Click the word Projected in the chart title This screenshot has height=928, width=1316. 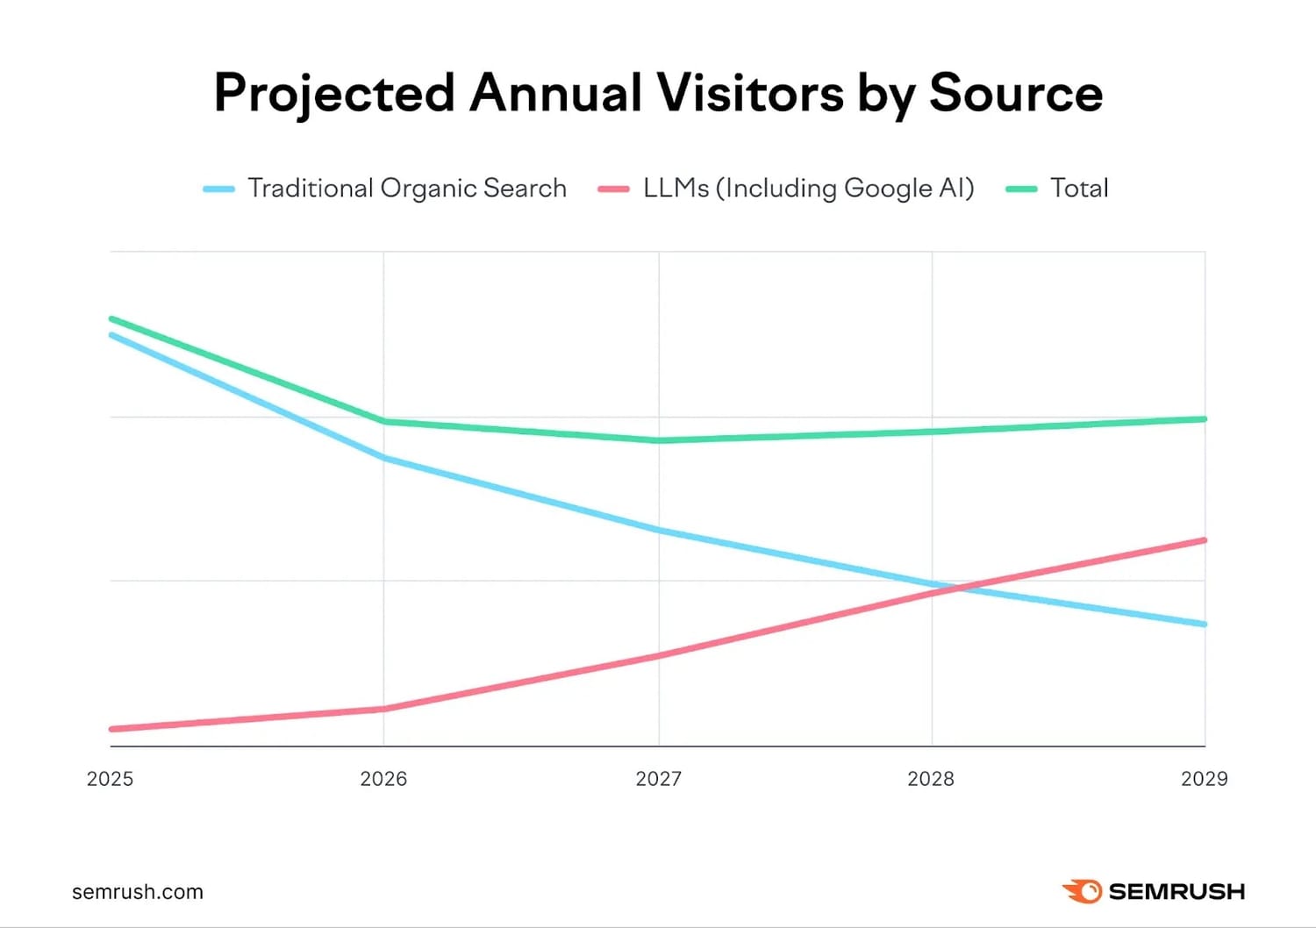tap(334, 94)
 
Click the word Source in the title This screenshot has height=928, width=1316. tap(1015, 92)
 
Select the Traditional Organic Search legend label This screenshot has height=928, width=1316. tap(407, 189)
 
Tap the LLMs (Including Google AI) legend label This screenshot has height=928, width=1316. tap(808, 189)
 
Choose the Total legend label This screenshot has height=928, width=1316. tap(1079, 189)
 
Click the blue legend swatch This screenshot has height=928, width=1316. tap(218, 189)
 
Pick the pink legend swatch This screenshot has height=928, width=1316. tap(613, 189)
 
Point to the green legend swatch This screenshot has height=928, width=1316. tap(1021, 189)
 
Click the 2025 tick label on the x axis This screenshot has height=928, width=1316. tap(110, 779)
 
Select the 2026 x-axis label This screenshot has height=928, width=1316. tap(383, 779)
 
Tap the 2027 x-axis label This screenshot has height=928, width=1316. tap(658, 779)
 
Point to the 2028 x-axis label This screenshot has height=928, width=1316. tap(931, 779)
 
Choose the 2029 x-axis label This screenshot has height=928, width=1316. tap(1204, 779)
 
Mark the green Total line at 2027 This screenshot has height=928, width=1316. tap(659, 440)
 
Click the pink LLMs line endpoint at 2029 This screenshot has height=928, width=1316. tap(1204, 540)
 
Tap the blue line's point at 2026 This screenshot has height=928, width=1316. tap(383, 458)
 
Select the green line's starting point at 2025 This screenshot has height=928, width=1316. tap(111, 318)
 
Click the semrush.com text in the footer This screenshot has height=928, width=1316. tap(138, 892)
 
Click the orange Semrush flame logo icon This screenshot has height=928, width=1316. tap(1082, 891)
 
